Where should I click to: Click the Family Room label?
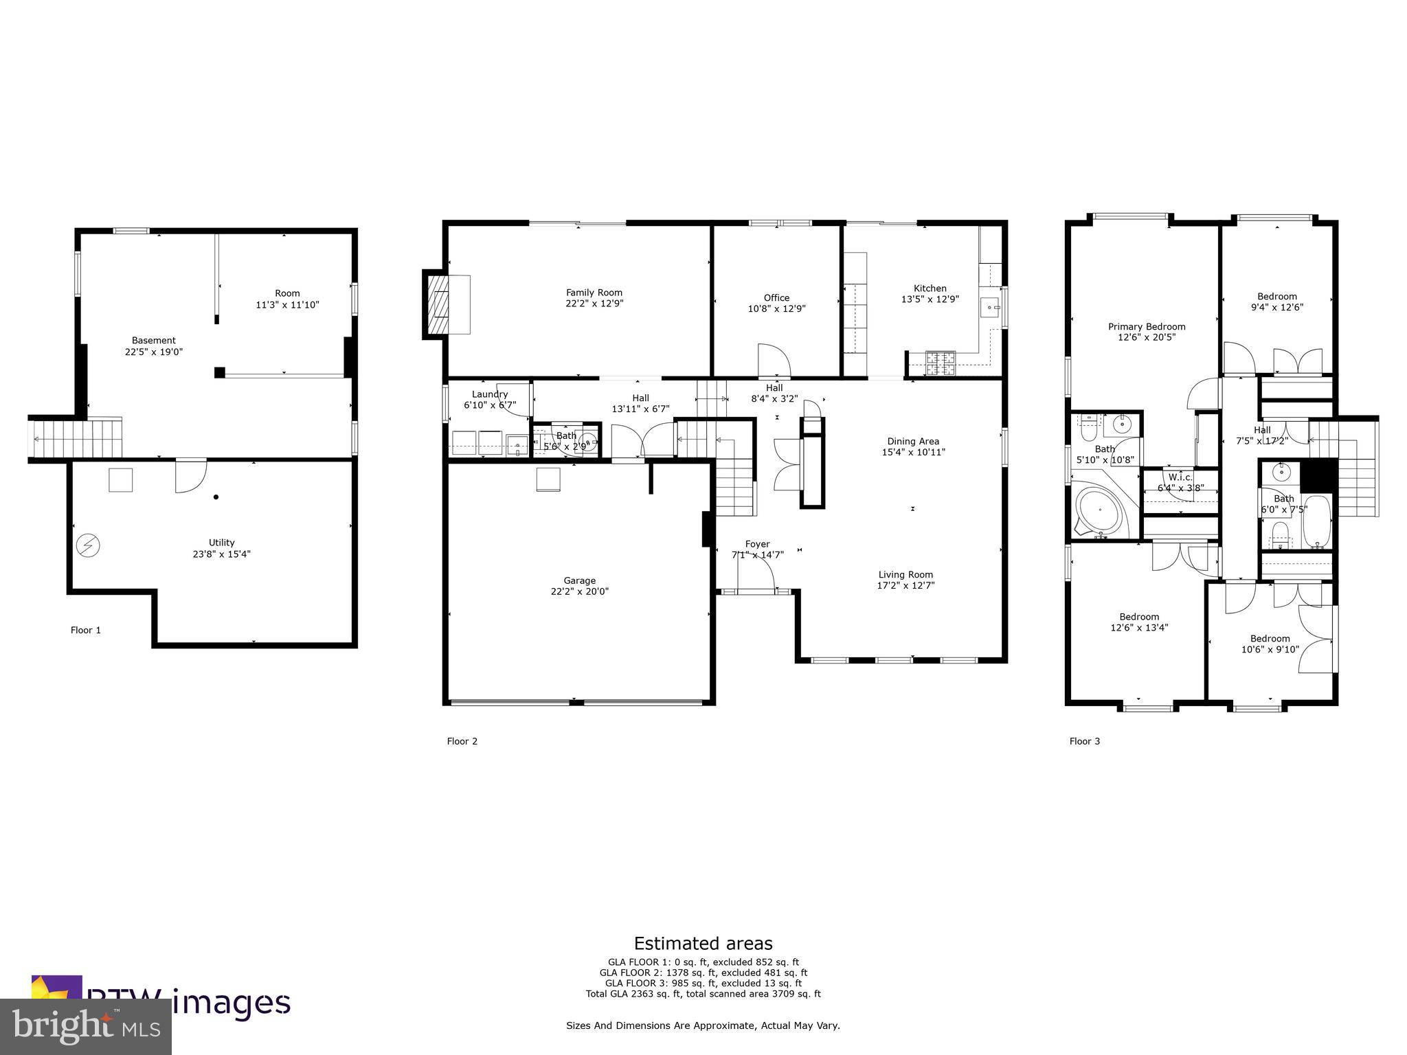[x=594, y=293]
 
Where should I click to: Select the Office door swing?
[x=774, y=360]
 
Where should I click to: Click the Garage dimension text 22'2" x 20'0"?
[x=579, y=591]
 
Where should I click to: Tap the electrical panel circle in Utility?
[x=88, y=546]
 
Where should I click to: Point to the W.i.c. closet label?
[x=1180, y=477]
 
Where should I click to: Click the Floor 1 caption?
[x=86, y=630]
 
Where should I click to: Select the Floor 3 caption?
[x=1084, y=741]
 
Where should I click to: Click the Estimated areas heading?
[x=703, y=943]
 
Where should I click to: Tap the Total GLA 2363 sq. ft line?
[x=703, y=993]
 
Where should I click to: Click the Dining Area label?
[x=913, y=442]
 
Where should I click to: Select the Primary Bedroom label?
[x=1146, y=327]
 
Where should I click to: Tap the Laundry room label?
[x=489, y=394]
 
